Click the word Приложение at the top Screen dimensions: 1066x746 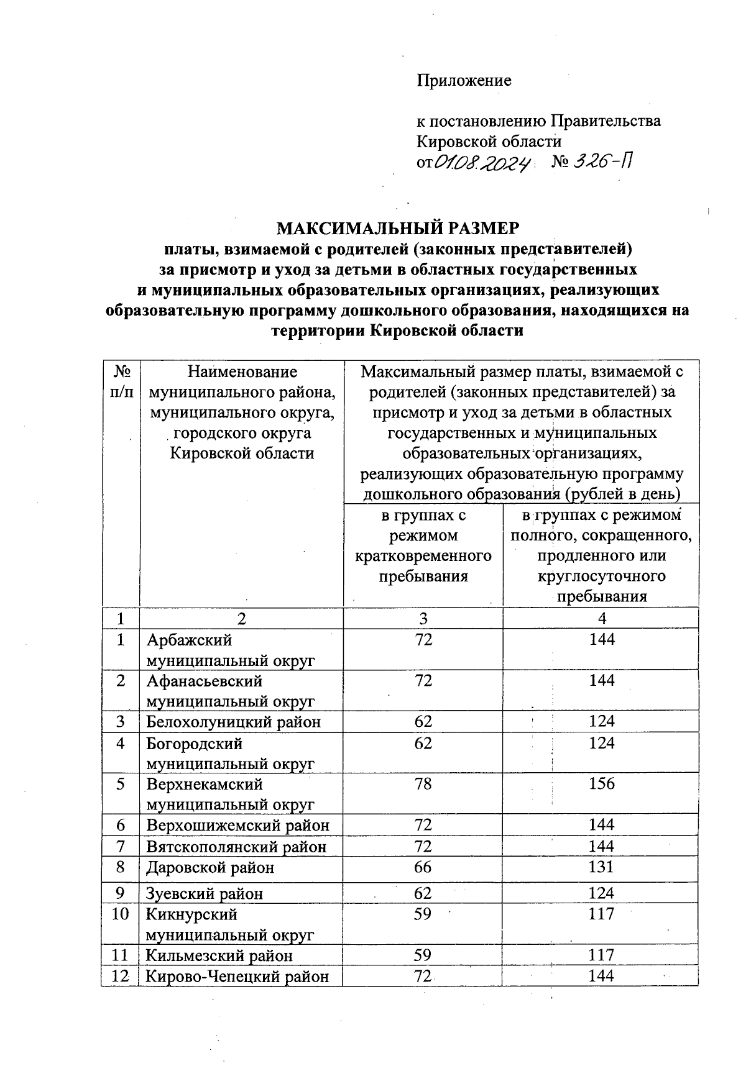click(464, 80)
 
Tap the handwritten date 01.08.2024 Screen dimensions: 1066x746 click(483, 163)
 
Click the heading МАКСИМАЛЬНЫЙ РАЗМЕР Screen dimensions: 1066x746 click(397, 228)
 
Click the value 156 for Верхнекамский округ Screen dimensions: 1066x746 click(602, 784)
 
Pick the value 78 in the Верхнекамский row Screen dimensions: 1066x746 click(423, 784)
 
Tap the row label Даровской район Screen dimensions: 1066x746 click(210, 867)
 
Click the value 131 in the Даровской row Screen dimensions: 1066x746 click(601, 867)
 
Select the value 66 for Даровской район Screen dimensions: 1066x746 click(423, 867)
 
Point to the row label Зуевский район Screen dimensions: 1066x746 click(204, 893)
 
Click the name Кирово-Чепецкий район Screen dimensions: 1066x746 click(237, 976)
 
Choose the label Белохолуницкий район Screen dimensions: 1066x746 click(234, 722)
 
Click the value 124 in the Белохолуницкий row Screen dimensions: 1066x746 click(602, 721)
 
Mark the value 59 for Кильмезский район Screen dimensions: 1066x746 click(423, 955)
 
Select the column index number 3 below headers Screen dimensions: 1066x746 click(423, 618)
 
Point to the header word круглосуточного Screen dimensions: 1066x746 click(601, 576)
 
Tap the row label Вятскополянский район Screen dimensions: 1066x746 click(236, 847)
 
